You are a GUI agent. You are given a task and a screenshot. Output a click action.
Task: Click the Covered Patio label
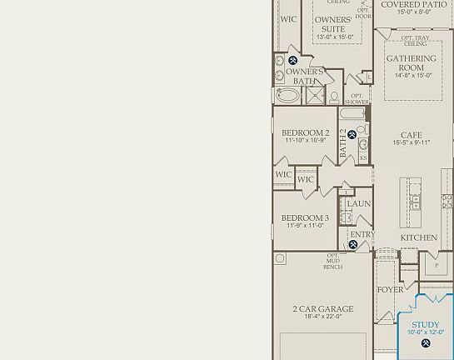click(413, 4)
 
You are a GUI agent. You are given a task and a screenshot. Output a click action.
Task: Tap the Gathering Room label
click(411, 63)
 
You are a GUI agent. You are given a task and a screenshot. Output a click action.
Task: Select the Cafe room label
click(412, 134)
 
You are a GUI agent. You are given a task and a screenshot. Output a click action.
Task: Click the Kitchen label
click(418, 237)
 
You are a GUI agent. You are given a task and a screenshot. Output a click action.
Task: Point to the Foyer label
click(390, 290)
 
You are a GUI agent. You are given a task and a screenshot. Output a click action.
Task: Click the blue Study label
click(426, 324)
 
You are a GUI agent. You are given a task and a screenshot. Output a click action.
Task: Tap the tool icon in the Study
click(426, 343)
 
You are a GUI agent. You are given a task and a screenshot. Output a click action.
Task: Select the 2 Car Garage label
click(322, 308)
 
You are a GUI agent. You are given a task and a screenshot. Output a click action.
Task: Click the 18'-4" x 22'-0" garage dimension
click(322, 317)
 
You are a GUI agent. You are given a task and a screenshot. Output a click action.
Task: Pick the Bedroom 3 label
click(305, 217)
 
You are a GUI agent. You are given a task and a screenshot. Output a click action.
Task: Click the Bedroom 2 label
click(305, 132)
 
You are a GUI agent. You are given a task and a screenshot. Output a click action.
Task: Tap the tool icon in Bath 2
click(352, 134)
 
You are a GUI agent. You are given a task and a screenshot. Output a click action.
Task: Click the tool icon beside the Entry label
click(353, 245)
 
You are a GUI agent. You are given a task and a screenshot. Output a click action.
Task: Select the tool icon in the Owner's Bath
click(292, 60)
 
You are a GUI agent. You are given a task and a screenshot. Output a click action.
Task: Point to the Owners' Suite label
click(333, 24)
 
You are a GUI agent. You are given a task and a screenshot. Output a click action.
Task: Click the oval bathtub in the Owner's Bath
click(287, 96)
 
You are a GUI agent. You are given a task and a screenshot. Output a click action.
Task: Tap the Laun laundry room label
click(359, 203)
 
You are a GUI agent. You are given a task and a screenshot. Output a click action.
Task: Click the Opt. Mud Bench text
click(332, 262)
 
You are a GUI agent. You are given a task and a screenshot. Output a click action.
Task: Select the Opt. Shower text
click(357, 98)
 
